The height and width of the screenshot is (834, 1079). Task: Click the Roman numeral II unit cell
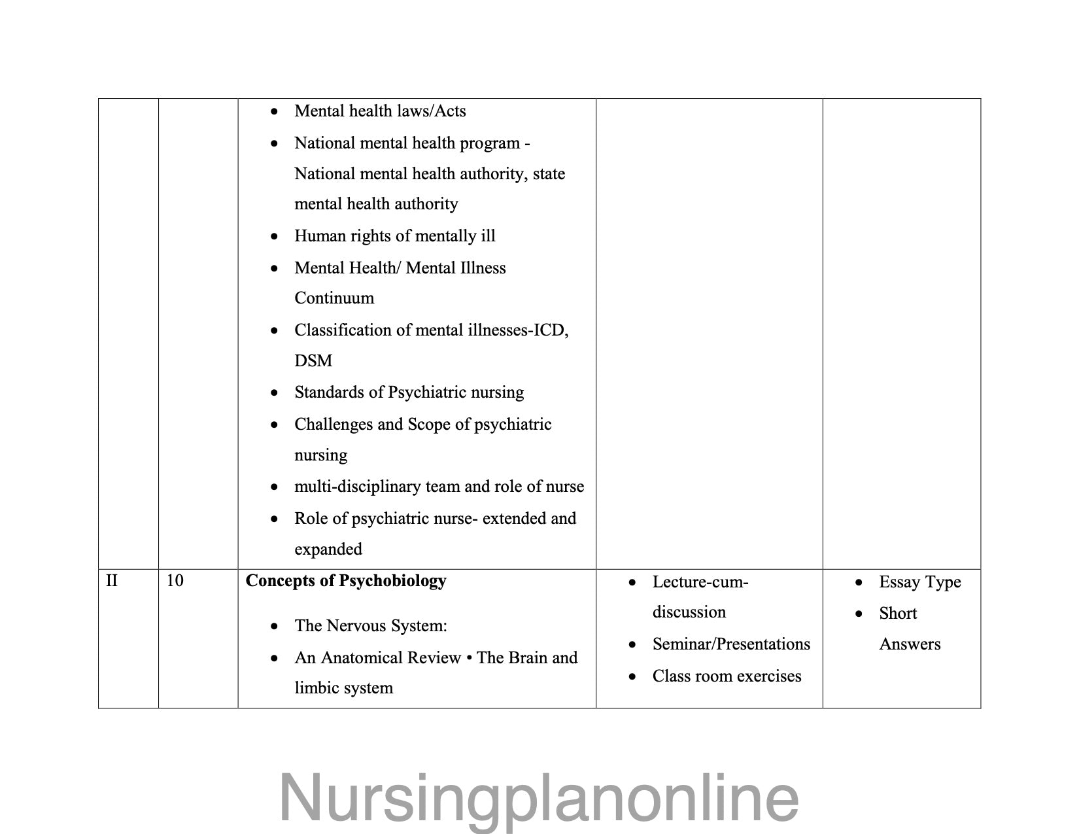click(112, 581)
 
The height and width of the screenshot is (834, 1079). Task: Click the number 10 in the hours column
click(175, 581)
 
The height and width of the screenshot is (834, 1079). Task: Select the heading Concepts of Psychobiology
click(346, 581)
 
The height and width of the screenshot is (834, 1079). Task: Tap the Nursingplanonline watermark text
click(539, 797)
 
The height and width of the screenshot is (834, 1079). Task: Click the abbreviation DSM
click(313, 360)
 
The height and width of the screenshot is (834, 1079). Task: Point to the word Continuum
click(334, 298)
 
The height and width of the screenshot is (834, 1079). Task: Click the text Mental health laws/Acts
click(380, 111)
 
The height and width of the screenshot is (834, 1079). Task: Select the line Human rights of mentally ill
click(395, 236)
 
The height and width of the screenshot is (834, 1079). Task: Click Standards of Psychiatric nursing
click(409, 392)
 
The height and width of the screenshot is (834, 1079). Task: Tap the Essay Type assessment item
click(919, 582)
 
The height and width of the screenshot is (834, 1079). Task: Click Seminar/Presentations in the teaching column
click(731, 644)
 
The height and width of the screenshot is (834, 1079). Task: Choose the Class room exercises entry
click(727, 676)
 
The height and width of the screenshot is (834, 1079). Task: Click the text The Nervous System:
click(371, 626)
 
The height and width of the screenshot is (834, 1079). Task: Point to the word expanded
click(328, 549)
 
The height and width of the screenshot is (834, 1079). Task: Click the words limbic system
click(343, 688)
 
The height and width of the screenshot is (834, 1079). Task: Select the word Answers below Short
click(910, 644)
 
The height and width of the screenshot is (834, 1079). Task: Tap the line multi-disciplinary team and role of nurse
click(439, 487)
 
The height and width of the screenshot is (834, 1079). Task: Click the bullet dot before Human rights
click(275, 237)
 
